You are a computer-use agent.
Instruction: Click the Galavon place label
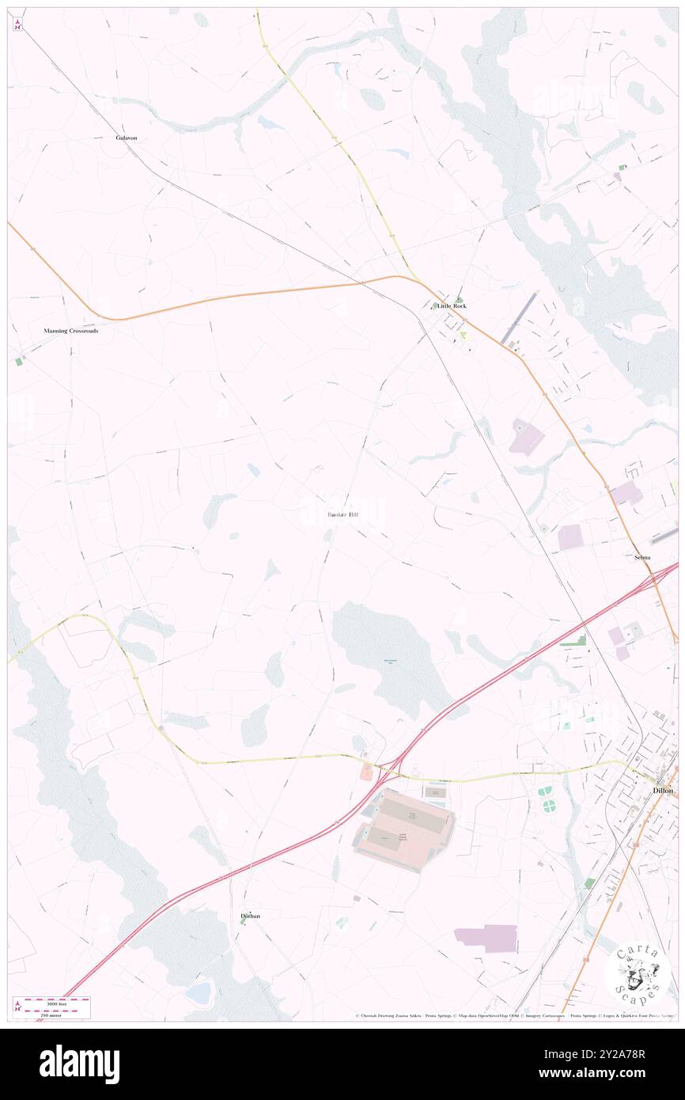point(127,138)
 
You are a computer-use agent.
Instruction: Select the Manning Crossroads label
point(71,331)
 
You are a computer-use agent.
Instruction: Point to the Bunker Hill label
point(342,515)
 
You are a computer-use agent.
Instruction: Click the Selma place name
point(642,557)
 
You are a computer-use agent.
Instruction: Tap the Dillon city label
point(663,791)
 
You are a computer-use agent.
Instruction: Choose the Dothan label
point(250,916)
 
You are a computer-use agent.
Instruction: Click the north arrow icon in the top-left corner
point(17,25)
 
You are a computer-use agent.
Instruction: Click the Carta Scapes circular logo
point(639,974)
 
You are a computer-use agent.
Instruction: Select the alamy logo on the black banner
point(79,1064)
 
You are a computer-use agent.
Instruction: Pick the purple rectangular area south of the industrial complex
point(486,938)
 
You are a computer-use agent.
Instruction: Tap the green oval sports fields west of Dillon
point(547,799)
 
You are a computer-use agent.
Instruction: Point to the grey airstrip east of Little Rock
point(519,317)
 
